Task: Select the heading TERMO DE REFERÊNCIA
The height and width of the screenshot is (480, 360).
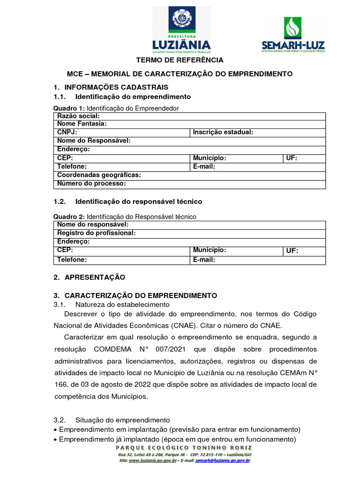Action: click(180, 60)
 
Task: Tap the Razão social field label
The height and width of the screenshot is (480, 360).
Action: click(78, 116)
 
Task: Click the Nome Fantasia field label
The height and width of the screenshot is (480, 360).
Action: click(82, 124)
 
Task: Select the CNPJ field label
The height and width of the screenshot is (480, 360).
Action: click(67, 133)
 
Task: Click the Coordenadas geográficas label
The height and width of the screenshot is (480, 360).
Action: click(99, 175)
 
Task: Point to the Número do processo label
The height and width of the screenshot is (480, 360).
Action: click(91, 184)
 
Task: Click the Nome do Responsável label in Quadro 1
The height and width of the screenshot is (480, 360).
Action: click(94, 141)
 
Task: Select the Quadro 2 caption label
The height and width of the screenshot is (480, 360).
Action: click(69, 217)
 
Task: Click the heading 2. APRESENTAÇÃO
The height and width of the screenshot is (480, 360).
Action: click(90, 277)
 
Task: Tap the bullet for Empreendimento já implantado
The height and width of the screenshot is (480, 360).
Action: click(56, 440)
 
